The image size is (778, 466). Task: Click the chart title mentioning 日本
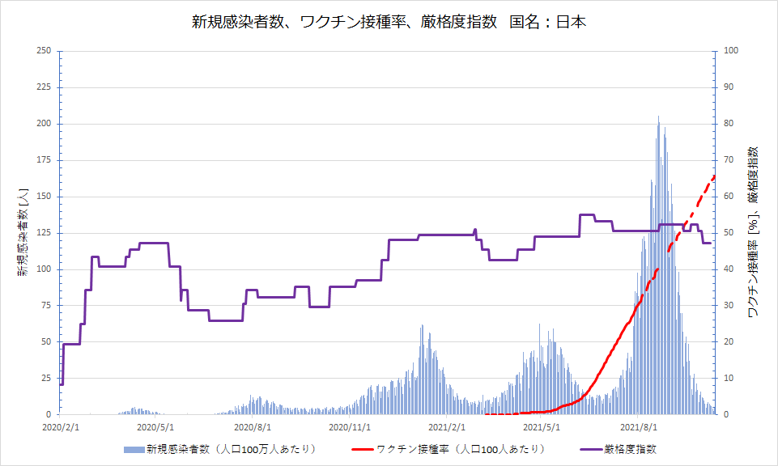point(389,23)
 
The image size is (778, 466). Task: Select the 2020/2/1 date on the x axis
point(61,427)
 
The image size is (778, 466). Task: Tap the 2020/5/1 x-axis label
point(155,427)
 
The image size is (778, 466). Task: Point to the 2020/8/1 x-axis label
point(253,427)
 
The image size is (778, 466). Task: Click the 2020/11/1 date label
point(350,427)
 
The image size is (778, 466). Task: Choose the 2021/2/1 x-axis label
point(447,427)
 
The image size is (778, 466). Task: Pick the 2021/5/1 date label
point(542,427)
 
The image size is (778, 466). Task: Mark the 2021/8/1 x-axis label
point(639,427)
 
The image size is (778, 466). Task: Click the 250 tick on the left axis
point(44,51)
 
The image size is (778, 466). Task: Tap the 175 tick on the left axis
point(44,159)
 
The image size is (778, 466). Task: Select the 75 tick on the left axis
point(45,305)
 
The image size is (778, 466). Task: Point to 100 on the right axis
point(731,51)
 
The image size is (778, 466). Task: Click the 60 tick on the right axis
point(729,197)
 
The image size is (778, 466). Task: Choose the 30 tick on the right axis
point(729,305)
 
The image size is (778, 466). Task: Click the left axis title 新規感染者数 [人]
point(23,232)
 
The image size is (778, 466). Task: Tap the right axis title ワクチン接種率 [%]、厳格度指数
point(753,232)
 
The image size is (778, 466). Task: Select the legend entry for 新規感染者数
point(220,449)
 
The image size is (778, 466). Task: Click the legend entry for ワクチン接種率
point(449,449)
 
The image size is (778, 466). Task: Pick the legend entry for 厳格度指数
point(619,449)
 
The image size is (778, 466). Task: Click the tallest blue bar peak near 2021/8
point(658,116)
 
